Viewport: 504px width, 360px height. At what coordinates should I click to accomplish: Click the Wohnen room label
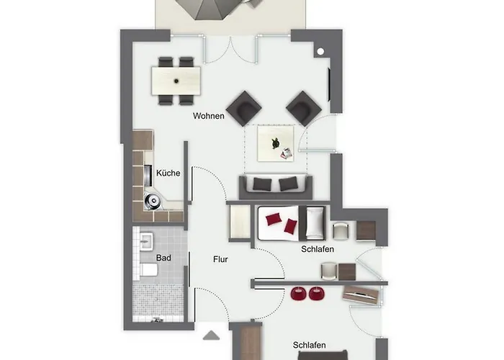pyautogui.click(x=209, y=116)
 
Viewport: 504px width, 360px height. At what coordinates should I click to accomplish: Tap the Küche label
pyautogui.click(x=168, y=173)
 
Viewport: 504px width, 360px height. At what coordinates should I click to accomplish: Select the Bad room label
pyautogui.click(x=163, y=258)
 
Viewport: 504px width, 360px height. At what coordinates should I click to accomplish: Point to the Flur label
pyautogui.click(x=220, y=259)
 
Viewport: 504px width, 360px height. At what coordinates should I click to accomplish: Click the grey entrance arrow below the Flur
pyautogui.click(x=212, y=336)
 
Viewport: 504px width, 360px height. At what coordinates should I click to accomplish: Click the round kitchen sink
pyautogui.click(x=153, y=201)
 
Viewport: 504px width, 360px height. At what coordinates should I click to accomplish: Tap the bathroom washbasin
pyautogui.click(x=147, y=241)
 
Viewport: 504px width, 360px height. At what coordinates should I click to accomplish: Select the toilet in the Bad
pyautogui.click(x=149, y=270)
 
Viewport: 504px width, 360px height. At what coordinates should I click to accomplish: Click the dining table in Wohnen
pyautogui.click(x=176, y=81)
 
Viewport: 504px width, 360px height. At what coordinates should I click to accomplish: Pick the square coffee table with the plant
pyautogui.click(x=276, y=143)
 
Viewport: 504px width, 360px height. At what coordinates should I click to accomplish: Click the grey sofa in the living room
pyautogui.click(x=276, y=187)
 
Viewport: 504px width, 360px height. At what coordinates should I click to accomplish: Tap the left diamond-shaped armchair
pyautogui.click(x=243, y=108)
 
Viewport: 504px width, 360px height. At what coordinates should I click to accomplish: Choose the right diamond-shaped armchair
pyautogui.click(x=303, y=108)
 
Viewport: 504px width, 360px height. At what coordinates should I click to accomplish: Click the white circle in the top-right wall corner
pyautogui.click(x=320, y=51)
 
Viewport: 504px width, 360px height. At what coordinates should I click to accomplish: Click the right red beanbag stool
pyautogui.click(x=317, y=294)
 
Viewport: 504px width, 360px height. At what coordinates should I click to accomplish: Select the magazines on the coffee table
pyautogui.click(x=287, y=153)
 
